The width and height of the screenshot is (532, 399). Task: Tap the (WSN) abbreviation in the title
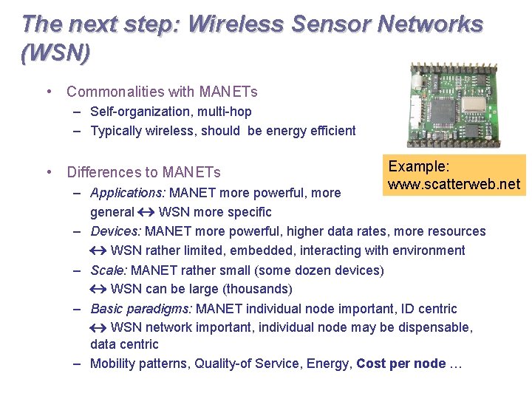56,53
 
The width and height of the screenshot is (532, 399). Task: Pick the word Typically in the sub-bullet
117,131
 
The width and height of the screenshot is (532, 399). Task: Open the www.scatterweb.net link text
454,183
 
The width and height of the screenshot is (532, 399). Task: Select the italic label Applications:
128,193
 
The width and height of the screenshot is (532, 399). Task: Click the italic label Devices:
115,231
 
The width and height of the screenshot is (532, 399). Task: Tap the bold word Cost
373,363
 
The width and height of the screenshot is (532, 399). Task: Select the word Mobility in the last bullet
113,363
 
